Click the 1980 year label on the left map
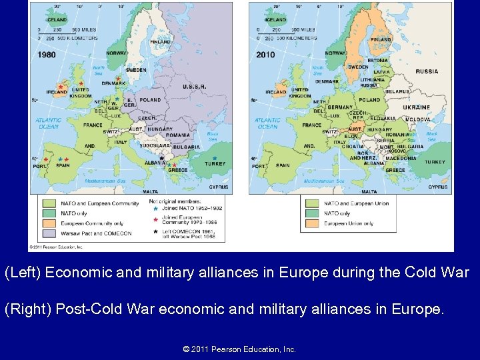point(47,55)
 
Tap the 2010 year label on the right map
point(265,55)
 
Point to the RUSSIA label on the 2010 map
point(427,71)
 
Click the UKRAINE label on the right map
point(416,107)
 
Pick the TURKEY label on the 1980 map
point(215,164)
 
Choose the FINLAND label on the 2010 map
point(381,39)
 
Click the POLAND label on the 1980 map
point(150,100)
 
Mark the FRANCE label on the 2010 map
point(311,125)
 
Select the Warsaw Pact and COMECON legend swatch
point(49,233)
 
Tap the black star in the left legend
point(155,231)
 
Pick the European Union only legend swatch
point(313,223)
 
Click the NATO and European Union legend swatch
point(313,203)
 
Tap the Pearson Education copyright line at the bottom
point(239,349)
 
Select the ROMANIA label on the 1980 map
point(178,135)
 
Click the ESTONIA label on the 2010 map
point(377,61)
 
